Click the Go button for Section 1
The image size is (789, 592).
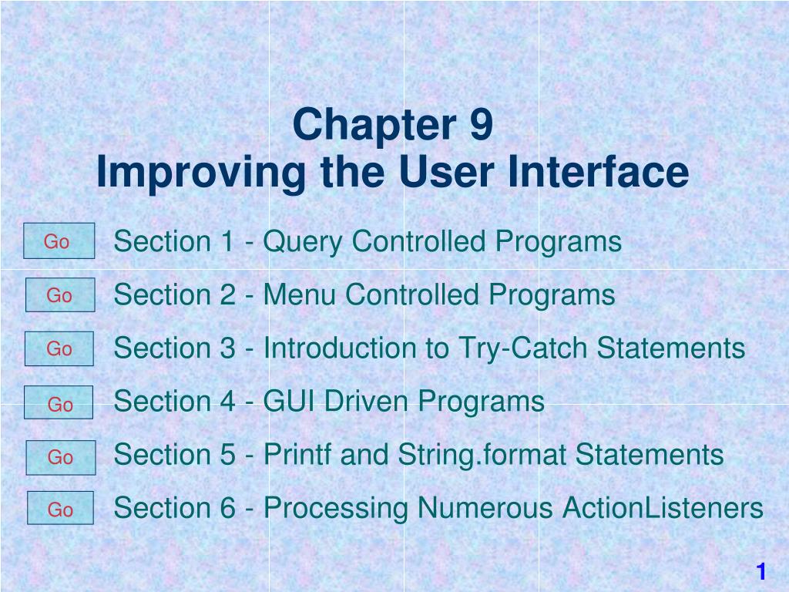tap(59, 241)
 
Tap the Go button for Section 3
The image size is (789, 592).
tap(59, 348)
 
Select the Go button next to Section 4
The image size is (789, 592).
tap(59, 402)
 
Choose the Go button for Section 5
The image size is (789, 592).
tap(60, 457)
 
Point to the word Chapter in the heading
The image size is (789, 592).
tap(371, 126)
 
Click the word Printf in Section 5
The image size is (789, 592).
tap(297, 455)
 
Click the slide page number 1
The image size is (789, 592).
tap(761, 571)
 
